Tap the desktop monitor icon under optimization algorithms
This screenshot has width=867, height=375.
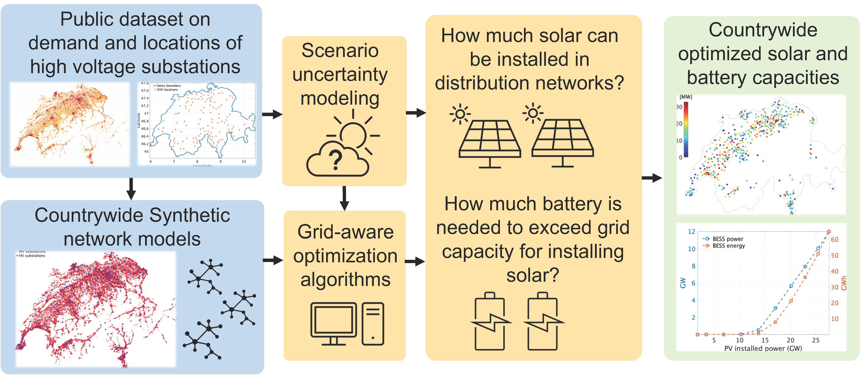click(333, 323)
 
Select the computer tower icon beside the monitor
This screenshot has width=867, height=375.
click(373, 324)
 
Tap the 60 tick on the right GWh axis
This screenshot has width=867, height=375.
click(835, 239)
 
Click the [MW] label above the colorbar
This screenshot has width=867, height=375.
click(686, 97)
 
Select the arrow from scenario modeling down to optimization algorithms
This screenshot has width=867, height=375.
click(344, 198)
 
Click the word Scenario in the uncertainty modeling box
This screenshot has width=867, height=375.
click(340, 50)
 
